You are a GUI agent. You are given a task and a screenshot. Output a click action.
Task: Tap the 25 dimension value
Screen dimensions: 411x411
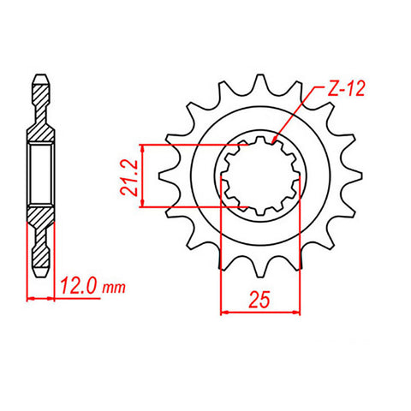pyautogui.click(x=262, y=299)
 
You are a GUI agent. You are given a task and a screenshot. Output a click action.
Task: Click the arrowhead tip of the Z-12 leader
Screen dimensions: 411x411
pyautogui.click(x=271, y=141)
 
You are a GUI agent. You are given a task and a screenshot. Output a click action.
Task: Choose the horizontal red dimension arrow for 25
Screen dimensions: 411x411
pyautogui.click(x=262, y=313)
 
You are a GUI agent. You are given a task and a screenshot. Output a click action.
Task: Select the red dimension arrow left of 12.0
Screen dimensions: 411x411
pyautogui.click(x=43, y=298)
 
